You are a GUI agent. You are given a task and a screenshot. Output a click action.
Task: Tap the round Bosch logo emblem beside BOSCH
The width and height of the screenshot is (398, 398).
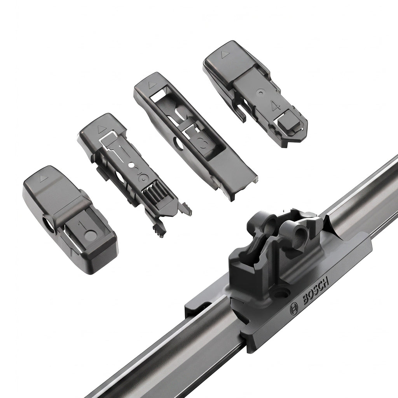pos(294,309)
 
